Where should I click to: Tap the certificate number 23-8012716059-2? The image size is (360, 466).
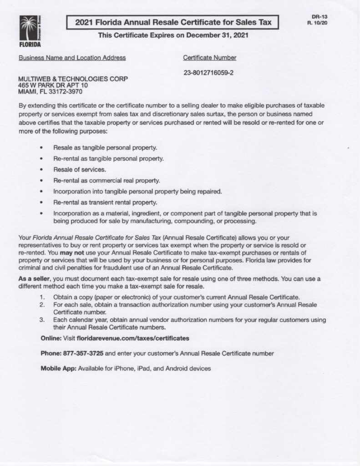[208, 72]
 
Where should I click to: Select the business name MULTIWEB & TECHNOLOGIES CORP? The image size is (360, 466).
[73, 79]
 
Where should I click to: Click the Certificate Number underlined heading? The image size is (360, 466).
[209, 58]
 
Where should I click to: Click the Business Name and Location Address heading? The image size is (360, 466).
[72, 58]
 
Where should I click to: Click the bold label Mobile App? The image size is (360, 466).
[59, 368]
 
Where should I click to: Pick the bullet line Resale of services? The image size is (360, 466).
[80, 170]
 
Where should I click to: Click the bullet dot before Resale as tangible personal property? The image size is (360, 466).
[42, 148]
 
